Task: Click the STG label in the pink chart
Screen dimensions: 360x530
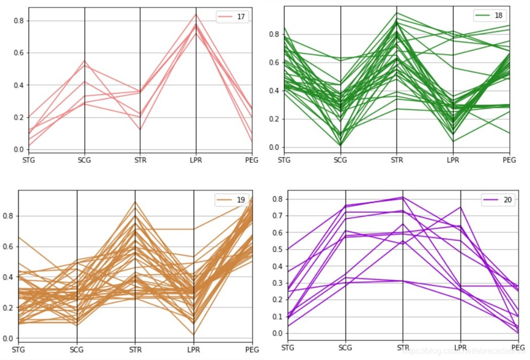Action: click(x=29, y=160)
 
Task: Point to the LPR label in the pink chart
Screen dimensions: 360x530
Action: click(x=197, y=160)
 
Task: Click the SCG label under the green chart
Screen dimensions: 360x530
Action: click(x=341, y=160)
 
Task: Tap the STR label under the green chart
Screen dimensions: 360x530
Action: click(x=397, y=160)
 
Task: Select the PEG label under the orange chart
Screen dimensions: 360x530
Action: click(x=252, y=349)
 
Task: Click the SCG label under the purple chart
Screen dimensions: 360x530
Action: click(x=345, y=347)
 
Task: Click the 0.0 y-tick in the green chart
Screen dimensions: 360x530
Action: click(x=274, y=148)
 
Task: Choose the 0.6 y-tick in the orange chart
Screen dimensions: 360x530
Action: click(x=9, y=247)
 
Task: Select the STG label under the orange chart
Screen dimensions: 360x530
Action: click(x=18, y=349)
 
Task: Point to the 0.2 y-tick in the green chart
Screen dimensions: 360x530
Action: click(x=274, y=119)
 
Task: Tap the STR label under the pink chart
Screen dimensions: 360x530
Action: click(x=140, y=160)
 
